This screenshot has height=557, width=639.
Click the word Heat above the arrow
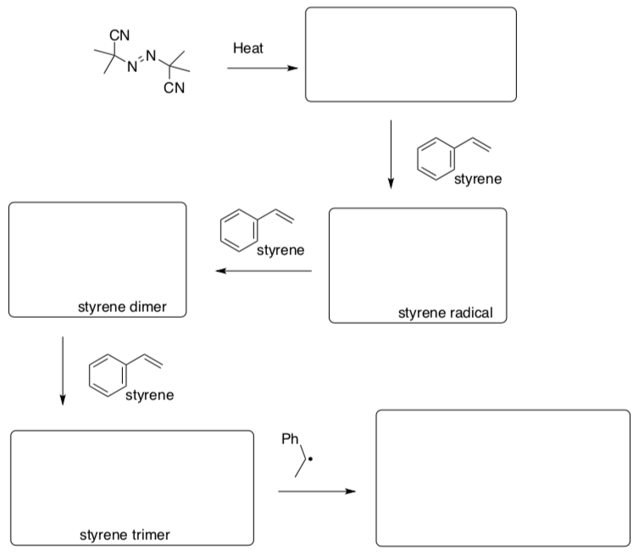pos(248,48)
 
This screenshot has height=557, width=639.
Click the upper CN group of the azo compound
pos(119,34)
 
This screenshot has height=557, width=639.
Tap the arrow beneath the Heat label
pos(263,70)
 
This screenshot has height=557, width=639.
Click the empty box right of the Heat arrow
pos(410,54)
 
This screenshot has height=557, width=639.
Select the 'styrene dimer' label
pos(122,307)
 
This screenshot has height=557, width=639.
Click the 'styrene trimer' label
pos(125,535)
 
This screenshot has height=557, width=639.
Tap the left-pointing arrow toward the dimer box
pos(264,271)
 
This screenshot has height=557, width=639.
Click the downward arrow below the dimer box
pos(62,370)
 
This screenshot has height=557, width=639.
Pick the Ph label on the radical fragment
pos(289,439)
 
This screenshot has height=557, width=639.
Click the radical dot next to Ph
pos(311,461)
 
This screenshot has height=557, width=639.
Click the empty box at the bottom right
pos(503,477)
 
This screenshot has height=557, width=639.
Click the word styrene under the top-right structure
pos(478,180)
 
